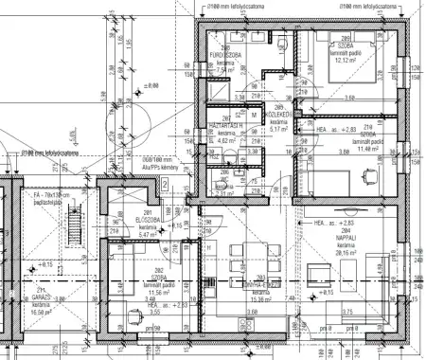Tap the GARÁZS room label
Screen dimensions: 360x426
[41, 297]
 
